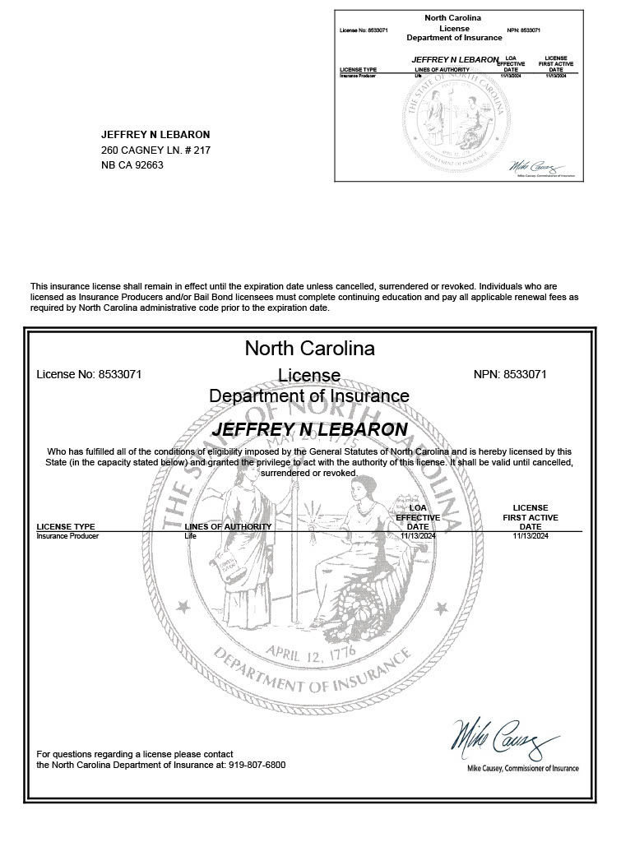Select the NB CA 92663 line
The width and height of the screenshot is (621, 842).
tap(132, 165)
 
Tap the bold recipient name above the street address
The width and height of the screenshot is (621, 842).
tap(155, 135)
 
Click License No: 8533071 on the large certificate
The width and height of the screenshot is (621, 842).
tap(90, 374)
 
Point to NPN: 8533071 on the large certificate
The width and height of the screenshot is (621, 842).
tap(510, 374)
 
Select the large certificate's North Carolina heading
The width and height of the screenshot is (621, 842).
tap(309, 349)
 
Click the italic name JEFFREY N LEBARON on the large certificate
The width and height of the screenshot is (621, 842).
tap(309, 429)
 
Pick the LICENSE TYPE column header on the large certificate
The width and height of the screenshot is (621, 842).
tap(66, 526)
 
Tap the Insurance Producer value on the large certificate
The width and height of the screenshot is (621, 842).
tap(67, 536)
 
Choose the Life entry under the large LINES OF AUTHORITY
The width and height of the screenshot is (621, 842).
tap(190, 536)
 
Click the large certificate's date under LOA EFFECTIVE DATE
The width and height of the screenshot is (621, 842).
tap(418, 536)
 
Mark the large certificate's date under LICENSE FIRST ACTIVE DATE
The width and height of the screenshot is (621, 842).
tap(531, 536)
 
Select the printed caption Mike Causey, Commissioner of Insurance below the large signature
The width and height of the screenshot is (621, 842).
tap(522, 768)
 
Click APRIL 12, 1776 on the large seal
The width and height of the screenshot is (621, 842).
tap(309, 652)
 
